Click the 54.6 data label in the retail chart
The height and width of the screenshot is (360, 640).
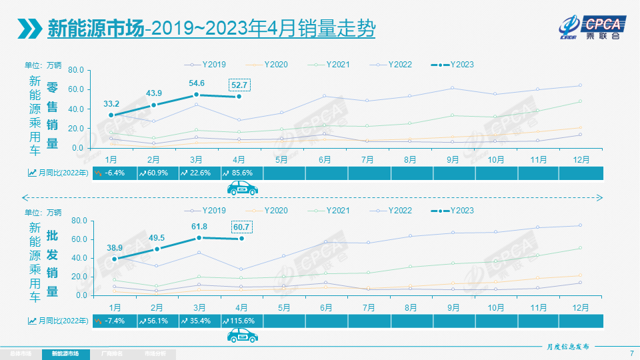(197, 83)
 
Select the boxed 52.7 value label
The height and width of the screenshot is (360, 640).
(239, 85)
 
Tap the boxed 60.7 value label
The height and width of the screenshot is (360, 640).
(241, 227)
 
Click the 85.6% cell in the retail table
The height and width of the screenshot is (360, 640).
(242, 173)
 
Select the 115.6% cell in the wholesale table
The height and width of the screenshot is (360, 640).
(242, 321)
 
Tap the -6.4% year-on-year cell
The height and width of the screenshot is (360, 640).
(113, 173)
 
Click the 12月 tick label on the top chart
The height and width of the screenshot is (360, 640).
(581, 160)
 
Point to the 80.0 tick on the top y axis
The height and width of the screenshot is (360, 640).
(75, 70)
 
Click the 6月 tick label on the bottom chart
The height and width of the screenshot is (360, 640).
(325, 307)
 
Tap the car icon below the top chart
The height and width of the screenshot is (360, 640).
(242, 189)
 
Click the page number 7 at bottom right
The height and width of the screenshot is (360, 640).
(631, 353)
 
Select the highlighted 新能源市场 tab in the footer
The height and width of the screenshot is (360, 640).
(65, 353)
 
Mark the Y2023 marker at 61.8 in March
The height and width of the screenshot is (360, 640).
(199, 238)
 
